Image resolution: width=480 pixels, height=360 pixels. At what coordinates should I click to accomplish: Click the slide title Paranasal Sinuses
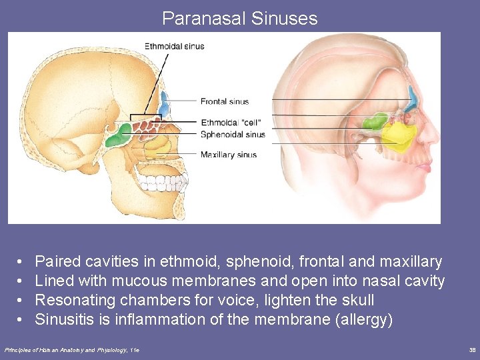coord(239,18)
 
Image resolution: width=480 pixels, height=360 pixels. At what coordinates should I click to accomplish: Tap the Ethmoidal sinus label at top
coord(175,47)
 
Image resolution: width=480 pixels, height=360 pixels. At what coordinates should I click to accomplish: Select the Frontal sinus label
coord(225,101)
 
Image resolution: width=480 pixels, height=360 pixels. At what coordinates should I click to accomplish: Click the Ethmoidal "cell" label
coord(231,123)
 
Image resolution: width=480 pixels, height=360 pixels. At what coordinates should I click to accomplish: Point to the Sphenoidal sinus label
coord(233,134)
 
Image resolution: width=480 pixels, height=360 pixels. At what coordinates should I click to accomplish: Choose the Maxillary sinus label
coord(229,155)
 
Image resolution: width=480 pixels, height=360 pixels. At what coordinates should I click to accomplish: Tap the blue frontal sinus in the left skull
coord(164,103)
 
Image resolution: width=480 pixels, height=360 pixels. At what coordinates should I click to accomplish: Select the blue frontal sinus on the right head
coord(413,99)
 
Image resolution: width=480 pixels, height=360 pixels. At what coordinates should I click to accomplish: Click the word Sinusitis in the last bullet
coord(63,319)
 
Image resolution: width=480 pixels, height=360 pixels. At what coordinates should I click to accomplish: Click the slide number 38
coord(472,349)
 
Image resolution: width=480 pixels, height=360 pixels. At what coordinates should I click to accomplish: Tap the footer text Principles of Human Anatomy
coord(53,349)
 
